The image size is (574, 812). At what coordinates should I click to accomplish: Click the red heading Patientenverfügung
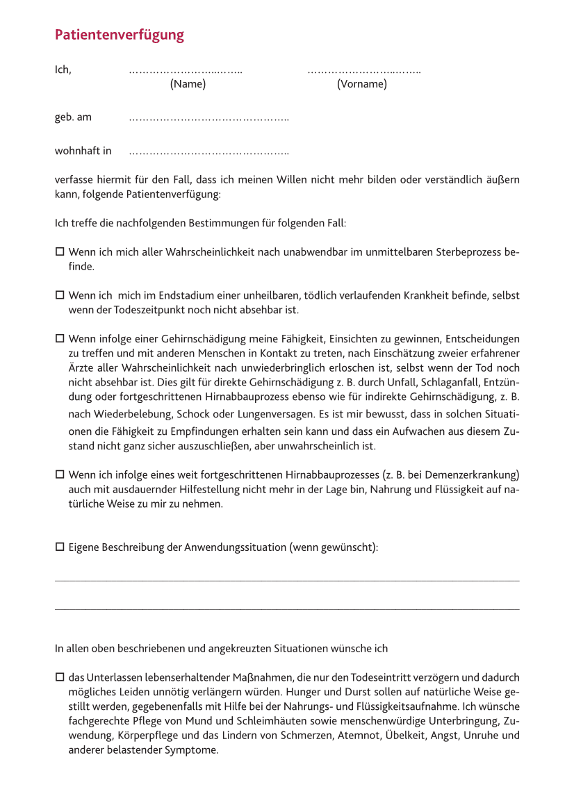pos(120,35)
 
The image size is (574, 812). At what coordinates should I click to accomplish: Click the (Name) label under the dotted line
pos(188,84)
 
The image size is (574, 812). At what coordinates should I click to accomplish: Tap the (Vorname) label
pos(362,84)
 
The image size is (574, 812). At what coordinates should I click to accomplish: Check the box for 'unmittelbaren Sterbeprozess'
pos(59,251)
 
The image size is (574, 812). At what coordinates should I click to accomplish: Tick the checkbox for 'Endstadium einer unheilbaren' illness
pos(59,295)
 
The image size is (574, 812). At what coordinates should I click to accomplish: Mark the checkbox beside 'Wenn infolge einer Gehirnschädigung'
pos(59,339)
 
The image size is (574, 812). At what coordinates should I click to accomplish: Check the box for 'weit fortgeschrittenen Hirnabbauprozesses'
pos(59,474)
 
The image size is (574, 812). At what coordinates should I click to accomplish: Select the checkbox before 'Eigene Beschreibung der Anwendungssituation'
pos(59,547)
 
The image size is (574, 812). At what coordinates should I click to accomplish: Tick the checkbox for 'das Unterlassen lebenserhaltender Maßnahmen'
pos(59,677)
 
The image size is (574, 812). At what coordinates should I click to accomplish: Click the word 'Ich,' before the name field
pos(63,69)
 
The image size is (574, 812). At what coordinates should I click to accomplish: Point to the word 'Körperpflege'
pos(148,735)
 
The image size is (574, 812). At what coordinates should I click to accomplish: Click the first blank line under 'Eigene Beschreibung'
pos(286,581)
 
